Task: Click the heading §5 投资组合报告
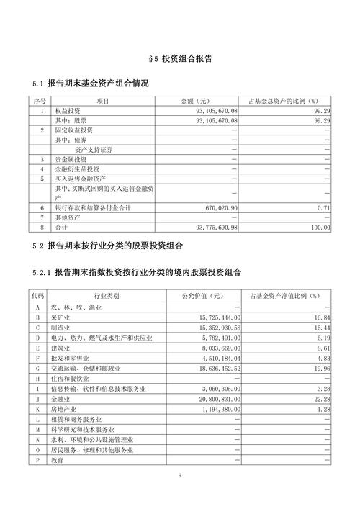[180, 58]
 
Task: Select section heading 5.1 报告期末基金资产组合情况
[91, 84]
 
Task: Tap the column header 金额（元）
[197, 102]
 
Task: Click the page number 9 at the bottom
[181, 476]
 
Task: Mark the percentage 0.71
[324, 207]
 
